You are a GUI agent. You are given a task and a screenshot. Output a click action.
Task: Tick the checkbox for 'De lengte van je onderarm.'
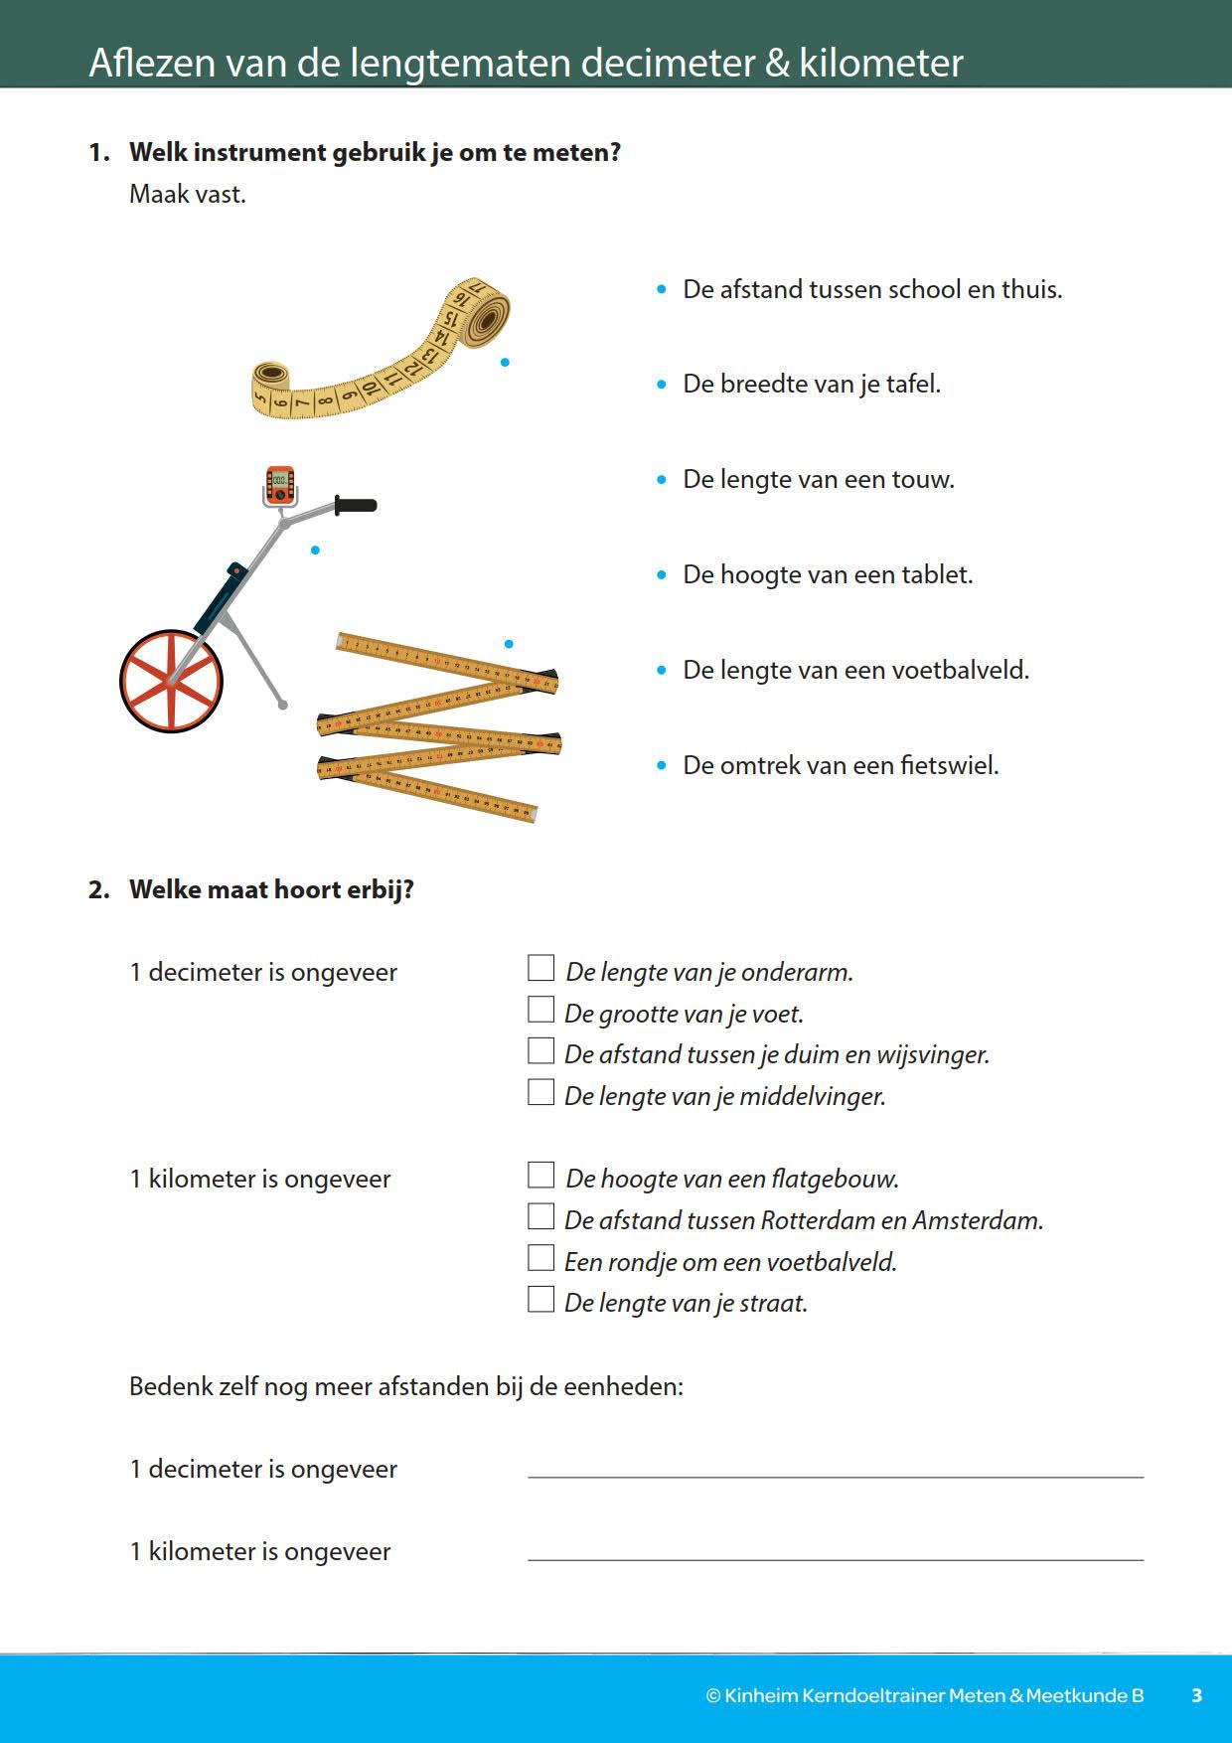[540, 968]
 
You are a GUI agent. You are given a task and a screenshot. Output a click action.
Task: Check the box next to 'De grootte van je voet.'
[540, 1010]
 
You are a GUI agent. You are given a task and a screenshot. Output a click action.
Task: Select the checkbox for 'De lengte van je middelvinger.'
[540, 1092]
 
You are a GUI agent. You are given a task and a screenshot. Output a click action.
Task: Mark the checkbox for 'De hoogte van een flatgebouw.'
[540, 1175]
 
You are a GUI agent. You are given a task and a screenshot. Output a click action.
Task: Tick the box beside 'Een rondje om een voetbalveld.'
[540, 1258]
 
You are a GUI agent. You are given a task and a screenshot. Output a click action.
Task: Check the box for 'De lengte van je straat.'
[540, 1299]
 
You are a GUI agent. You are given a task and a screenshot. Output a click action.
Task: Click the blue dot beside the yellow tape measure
[505, 363]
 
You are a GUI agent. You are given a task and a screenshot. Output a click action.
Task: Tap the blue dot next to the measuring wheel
[315, 550]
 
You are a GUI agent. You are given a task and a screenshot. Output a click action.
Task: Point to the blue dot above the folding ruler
[509, 644]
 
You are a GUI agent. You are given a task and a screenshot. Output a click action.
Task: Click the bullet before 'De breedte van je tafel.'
[662, 385]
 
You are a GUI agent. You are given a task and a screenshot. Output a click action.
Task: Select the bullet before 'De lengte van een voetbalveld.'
[662, 671]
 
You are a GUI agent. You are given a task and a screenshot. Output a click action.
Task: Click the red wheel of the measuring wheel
[171, 682]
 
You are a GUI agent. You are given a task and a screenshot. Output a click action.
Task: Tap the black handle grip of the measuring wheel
[356, 506]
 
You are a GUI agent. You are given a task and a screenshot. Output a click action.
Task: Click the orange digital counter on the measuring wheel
[280, 484]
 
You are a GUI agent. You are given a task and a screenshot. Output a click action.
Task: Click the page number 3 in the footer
[1196, 1695]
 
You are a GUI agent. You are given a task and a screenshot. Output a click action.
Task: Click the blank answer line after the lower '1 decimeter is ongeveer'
[835, 1469]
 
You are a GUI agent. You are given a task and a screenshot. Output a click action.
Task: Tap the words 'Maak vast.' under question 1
[188, 194]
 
